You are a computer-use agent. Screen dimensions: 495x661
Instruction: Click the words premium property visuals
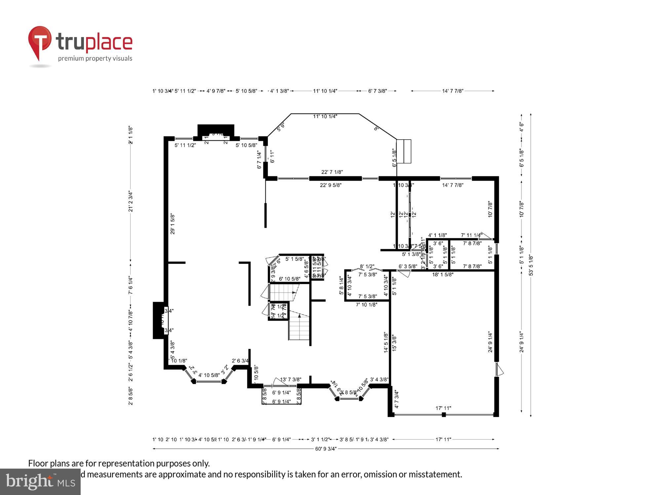click(x=95, y=59)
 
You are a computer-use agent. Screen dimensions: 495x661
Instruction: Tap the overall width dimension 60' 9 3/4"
click(x=326, y=448)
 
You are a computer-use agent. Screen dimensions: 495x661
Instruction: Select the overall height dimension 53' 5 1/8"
click(x=531, y=265)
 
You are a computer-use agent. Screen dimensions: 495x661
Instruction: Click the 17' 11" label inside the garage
click(x=443, y=408)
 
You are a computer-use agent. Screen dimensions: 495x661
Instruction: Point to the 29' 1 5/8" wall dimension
click(x=173, y=224)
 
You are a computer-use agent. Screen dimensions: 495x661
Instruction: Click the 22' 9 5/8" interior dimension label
click(x=330, y=185)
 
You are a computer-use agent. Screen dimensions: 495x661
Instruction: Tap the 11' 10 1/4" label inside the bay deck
click(x=325, y=116)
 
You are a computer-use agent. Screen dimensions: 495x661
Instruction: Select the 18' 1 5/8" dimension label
click(x=443, y=274)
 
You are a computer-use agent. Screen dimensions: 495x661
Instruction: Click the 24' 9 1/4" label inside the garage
click(x=490, y=342)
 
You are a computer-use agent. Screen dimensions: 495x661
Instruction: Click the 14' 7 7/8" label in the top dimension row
click(x=453, y=91)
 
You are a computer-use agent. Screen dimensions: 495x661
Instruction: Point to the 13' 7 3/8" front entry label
click(x=291, y=380)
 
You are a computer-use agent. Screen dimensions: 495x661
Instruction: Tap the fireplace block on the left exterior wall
click(x=158, y=320)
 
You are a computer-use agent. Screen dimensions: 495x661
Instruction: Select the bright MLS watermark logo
click(x=40, y=481)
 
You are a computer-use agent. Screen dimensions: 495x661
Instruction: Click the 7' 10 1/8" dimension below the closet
click(x=367, y=305)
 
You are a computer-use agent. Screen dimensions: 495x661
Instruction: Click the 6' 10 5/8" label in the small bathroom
click(x=290, y=279)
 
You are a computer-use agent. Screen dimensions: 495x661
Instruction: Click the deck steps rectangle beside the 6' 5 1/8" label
click(x=404, y=151)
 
